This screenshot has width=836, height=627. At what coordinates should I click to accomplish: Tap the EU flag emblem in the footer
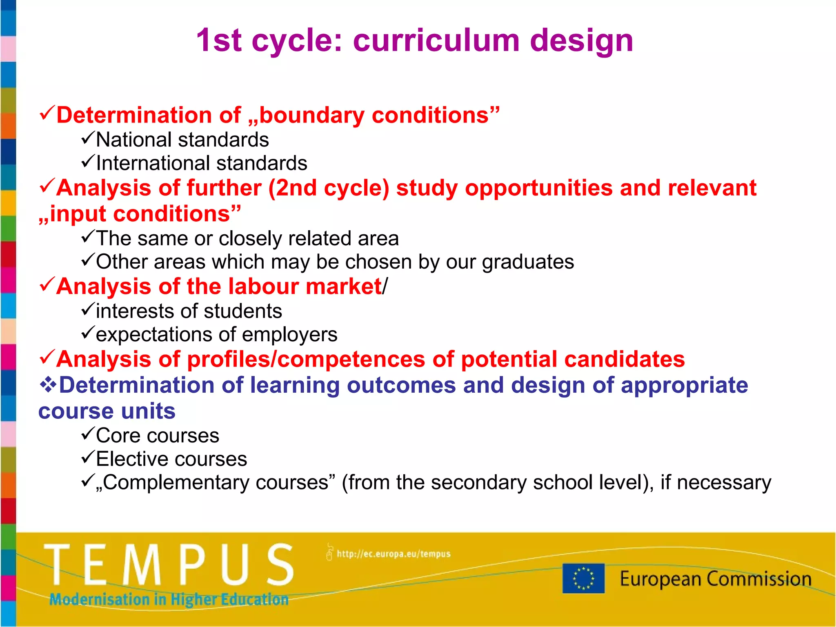583,578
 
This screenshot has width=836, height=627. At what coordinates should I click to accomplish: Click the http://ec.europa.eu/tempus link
393,554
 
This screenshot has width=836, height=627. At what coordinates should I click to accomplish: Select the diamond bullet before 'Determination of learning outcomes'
48,385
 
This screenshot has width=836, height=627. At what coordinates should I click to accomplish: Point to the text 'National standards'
182,140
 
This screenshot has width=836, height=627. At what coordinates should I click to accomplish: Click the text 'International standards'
201,163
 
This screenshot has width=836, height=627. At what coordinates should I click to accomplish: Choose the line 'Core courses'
157,436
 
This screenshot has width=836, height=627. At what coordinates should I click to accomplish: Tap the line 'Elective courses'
171,459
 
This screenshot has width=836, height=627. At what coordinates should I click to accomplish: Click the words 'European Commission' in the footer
715,579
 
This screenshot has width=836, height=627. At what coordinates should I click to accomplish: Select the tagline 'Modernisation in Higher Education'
169,599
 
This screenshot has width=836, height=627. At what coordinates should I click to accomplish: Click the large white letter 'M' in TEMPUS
142,565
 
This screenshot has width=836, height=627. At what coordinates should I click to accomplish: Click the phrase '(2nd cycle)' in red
328,188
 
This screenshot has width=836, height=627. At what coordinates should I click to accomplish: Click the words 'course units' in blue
107,411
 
